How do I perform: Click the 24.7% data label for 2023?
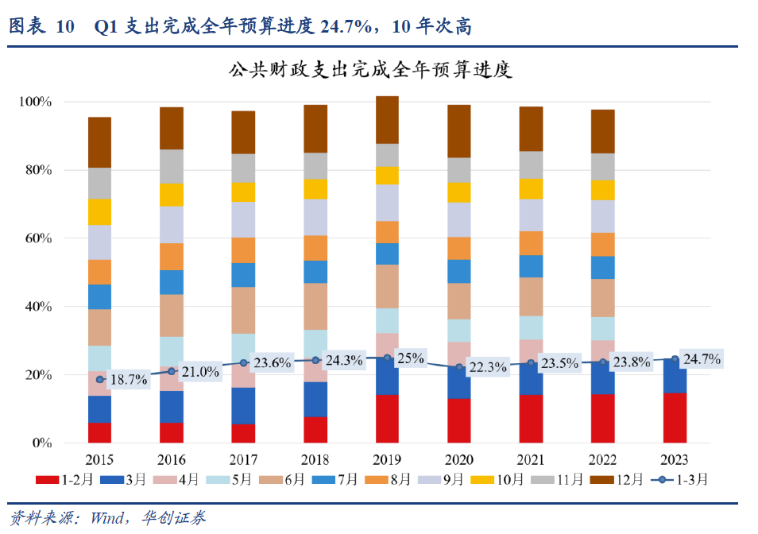click(703, 360)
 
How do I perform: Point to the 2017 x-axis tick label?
click(243, 460)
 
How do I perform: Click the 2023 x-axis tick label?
click(675, 460)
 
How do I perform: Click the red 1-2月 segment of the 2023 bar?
click(675, 417)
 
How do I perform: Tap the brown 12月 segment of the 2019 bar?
click(387, 119)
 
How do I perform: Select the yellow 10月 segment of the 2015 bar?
click(99, 211)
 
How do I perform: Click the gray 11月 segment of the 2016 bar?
click(172, 166)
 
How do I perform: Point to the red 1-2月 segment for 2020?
click(459, 420)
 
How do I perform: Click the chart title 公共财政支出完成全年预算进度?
click(371, 70)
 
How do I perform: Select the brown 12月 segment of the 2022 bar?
click(603, 131)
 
